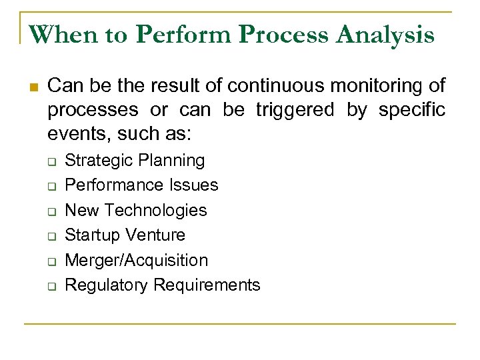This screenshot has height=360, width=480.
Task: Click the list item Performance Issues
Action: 142,185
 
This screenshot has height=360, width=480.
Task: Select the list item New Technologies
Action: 137,210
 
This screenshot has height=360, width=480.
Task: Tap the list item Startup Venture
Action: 126,235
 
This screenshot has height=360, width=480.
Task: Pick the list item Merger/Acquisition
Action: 137,260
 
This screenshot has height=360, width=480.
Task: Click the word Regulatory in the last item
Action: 108,285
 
